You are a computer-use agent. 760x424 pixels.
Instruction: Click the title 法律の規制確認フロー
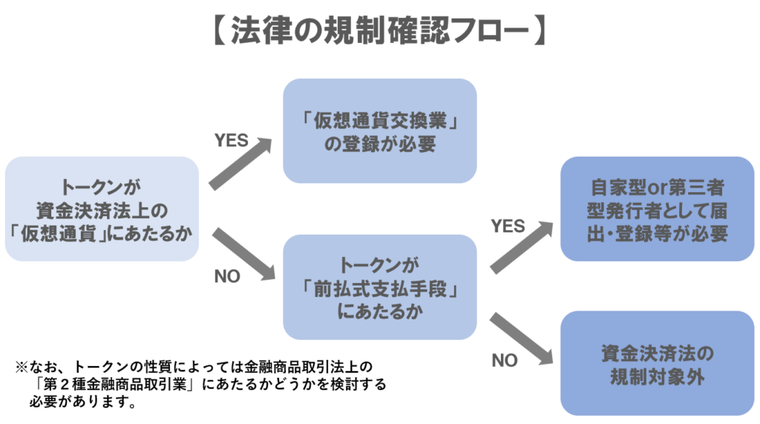pyautogui.click(x=379, y=32)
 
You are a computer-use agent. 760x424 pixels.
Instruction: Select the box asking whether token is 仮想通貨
pyautogui.click(x=102, y=209)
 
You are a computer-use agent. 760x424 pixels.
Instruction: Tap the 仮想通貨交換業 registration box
pyautogui.click(x=379, y=131)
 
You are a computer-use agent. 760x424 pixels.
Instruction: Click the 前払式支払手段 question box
pyautogui.click(x=379, y=287)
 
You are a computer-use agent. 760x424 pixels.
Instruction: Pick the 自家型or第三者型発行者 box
pyautogui.click(x=658, y=209)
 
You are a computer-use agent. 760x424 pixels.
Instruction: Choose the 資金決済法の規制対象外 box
pyautogui.click(x=658, y=363)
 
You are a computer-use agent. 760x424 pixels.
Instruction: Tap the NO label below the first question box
pyautogui.click(x=227, y=276)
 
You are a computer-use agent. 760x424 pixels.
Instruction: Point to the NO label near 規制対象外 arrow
pyautogui.click(x=505, y=361)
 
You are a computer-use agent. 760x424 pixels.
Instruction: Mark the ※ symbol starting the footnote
pyautogui.click(x=22, y=368)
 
